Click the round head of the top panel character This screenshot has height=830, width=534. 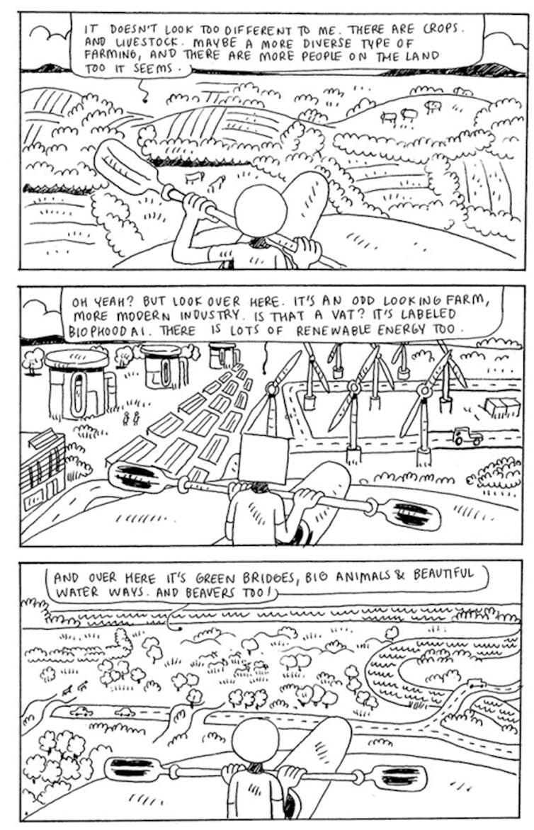(x=261, y=210)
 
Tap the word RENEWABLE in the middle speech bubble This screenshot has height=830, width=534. (x=337, y=329)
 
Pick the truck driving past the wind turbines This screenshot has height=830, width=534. (x=468, y=436)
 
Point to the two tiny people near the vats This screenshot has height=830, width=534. (x=131, y=418)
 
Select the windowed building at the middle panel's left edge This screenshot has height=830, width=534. (x=42, y=467)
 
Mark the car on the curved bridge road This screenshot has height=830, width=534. (x=477, y=684)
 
